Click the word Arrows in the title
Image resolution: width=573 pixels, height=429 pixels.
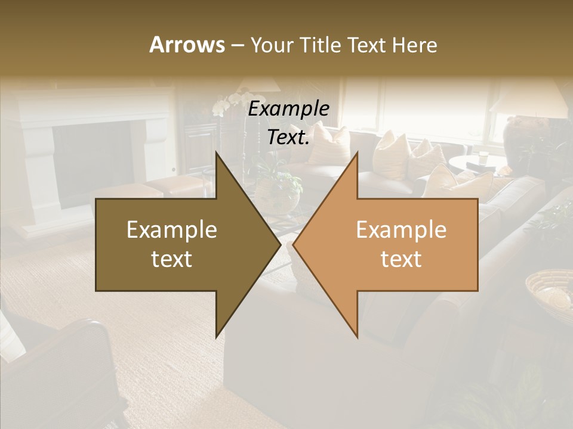click(x=187, y=45)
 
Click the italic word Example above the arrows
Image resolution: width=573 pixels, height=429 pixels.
click(x=289, y=110)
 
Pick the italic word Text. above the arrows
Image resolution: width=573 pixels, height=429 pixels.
click(x=289, y=138)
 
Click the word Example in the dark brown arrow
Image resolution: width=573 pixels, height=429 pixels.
click(x=172, y=230)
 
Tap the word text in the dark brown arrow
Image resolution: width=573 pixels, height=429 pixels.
click(x=172, y=259)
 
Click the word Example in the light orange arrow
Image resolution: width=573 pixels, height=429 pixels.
click(x=401, y=230)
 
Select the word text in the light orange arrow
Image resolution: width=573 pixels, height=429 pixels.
click(x=401, y=259)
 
